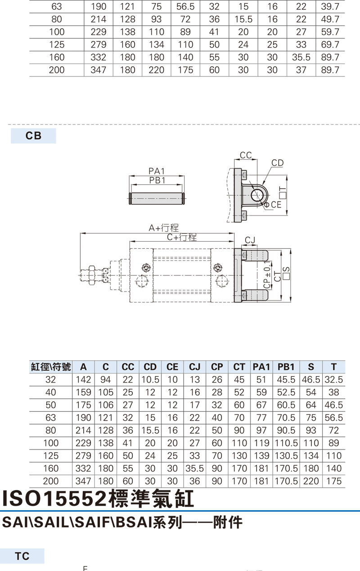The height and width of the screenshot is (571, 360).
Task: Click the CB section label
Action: [x=33, y=136]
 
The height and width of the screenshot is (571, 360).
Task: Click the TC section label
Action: [x=22, y=556]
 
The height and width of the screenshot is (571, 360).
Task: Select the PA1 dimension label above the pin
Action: [x=157, y=171]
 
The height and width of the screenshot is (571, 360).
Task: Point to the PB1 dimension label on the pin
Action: [x=157, y=180]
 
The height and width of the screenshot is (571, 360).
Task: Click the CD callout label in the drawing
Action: [x=278, y=162]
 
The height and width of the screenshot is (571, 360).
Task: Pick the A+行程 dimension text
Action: [x=164, y=228]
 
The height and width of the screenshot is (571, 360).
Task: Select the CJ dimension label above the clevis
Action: [x=250, y=240]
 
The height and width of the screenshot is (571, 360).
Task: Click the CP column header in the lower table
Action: [x=217, y=367]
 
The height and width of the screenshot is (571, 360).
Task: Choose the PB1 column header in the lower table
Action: [x=286, y=367]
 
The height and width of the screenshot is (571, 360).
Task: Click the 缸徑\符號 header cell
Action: [x=51, y=367]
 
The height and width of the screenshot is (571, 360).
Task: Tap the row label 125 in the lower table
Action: [x=51, y=455]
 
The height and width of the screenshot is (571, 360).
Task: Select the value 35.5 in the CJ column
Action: [x=194, y=468]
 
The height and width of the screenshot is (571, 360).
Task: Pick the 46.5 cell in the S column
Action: [x=311, y=380]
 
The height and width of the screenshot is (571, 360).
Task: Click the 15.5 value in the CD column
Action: [x=150, y=430]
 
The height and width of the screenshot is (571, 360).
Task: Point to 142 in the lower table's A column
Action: [x=83, y=380]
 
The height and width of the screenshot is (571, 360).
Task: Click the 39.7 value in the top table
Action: [x=330, y=7]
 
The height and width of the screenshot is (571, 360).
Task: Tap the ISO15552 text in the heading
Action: [x=55, y=499]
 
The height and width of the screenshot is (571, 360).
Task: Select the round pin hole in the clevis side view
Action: [x=258, y=195]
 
